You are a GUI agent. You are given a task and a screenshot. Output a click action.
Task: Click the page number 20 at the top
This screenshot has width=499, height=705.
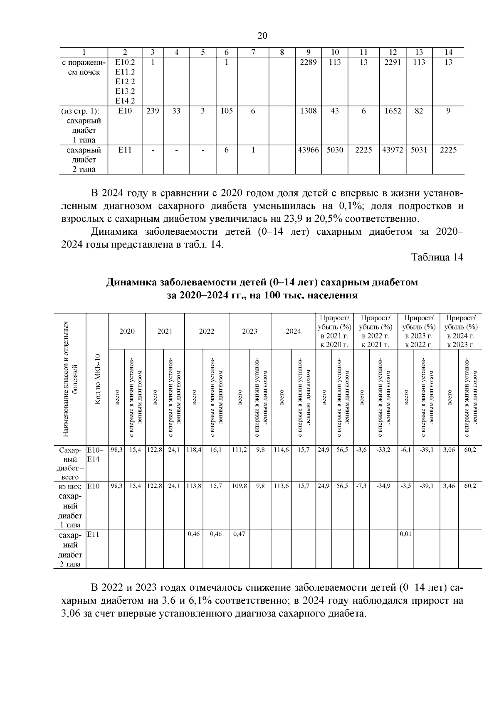tap(262, 36)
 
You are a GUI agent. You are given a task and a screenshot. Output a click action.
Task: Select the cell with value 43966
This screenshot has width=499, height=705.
tap(308, 150)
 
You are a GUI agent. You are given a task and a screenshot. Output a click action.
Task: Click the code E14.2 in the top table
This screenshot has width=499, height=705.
tap(125, 101)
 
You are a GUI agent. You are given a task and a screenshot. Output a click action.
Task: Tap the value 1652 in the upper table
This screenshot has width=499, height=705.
tap(393, 111)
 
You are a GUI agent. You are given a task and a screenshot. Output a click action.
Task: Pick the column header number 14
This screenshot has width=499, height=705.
tap(448, 52)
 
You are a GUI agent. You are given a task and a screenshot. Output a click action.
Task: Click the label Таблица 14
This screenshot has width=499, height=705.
tap(437, 258)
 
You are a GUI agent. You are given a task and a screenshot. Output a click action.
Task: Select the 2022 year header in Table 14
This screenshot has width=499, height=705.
tap(206, 332)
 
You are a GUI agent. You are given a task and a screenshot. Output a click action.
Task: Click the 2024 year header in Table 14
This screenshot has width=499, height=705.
tap(293, 332)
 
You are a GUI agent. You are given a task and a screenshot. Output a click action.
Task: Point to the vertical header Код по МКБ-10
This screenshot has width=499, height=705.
tap(97, 379)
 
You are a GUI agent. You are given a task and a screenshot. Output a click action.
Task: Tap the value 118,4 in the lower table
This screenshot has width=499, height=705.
tap(194, 450)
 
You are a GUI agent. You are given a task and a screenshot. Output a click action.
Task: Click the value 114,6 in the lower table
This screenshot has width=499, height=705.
tap(281, 450)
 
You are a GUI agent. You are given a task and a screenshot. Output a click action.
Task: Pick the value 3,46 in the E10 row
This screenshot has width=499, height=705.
tap(449, 486)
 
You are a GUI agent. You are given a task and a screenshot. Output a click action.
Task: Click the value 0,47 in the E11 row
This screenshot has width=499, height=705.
tap(239, 534)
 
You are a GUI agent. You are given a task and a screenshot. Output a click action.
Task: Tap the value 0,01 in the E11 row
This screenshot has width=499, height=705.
tap(405, 534)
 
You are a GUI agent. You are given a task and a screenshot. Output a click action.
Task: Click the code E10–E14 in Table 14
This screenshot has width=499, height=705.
tap(93, 454)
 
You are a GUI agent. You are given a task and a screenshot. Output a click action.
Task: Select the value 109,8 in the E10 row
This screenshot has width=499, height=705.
tap(239, 486)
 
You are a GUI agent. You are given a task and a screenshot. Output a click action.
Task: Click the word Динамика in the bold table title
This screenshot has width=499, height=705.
tap(130, 283)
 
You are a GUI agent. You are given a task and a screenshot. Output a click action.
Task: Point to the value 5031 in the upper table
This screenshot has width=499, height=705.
tap(419, 150)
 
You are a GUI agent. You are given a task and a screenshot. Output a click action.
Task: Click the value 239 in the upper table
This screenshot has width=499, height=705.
tap(153, 111)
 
